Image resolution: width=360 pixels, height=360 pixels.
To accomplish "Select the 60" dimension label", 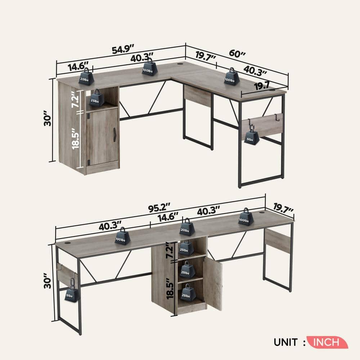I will (x=237, y=54).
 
